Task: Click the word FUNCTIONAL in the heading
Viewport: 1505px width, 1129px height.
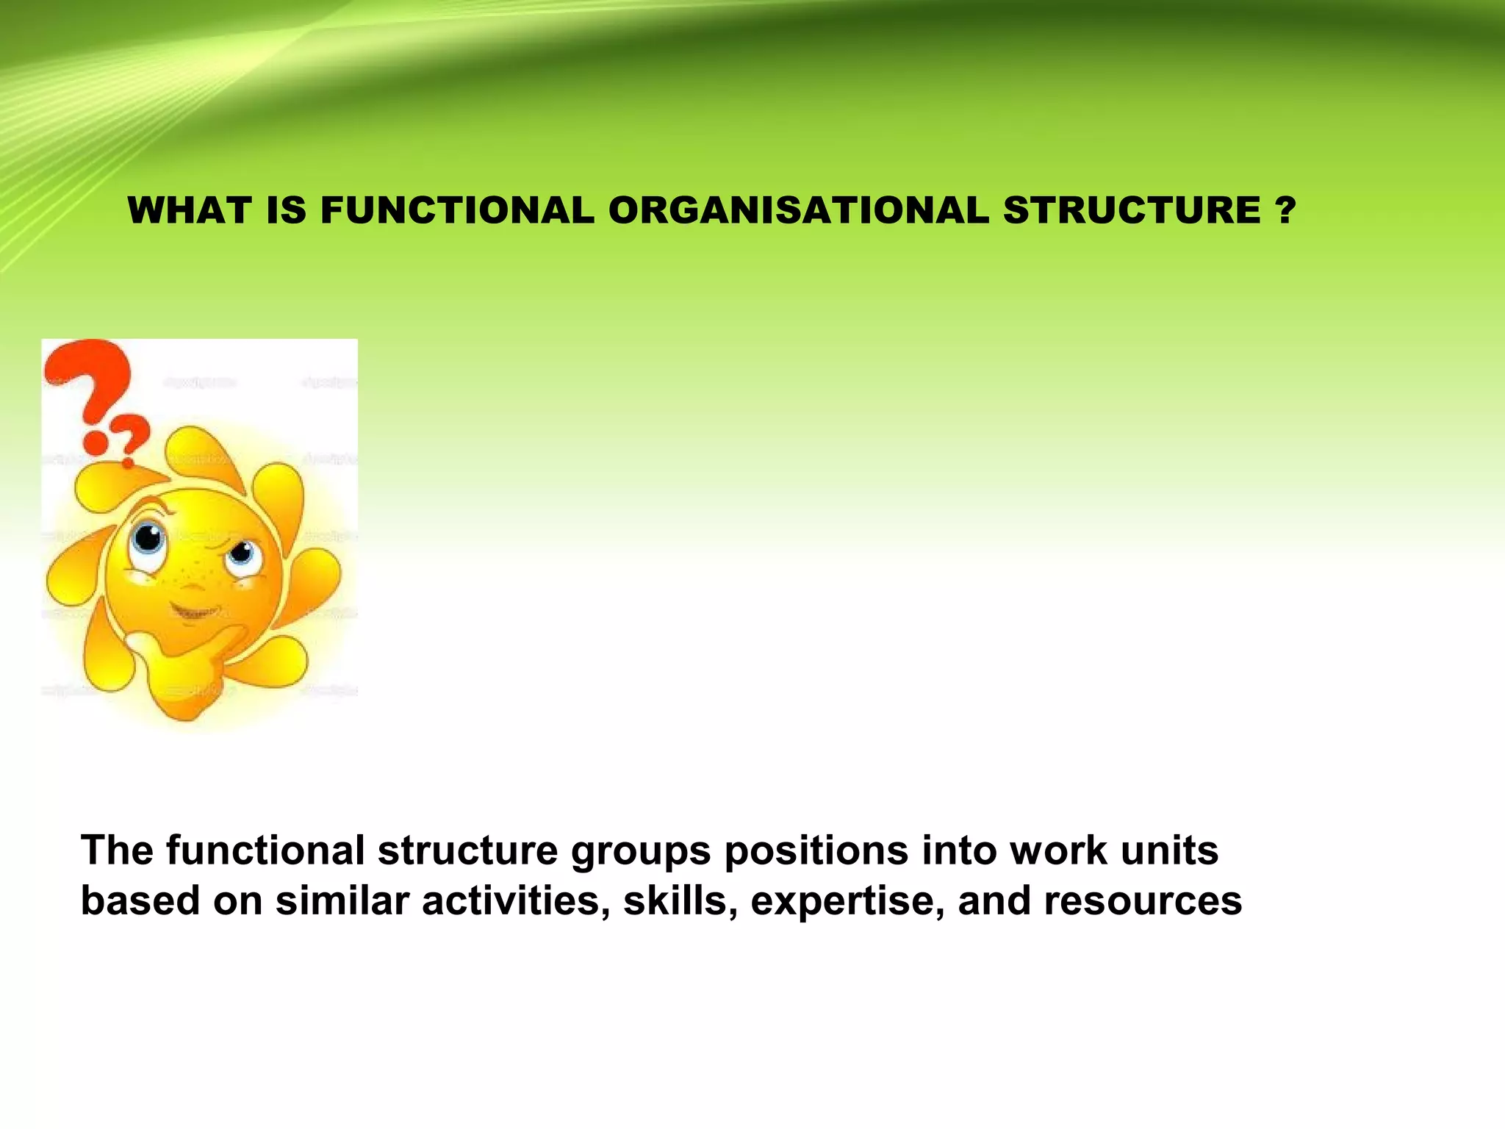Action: (x=457, y=210)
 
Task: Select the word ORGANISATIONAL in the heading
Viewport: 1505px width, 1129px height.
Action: (x=798, y=210)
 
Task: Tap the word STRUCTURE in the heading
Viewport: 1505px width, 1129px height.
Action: (x=1132, y=210)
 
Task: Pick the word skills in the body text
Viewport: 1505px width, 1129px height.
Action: (x=680, y=901)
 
